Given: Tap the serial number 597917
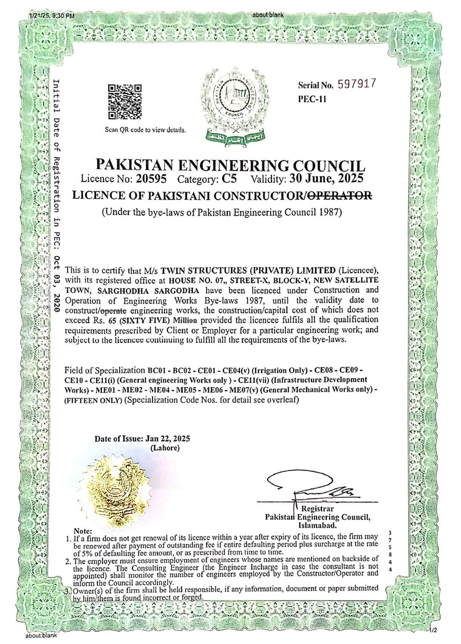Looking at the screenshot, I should click(x=358, y=84).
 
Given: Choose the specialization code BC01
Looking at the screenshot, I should click(x=155, y=369).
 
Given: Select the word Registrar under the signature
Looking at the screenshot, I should click(x=317, y=509).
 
